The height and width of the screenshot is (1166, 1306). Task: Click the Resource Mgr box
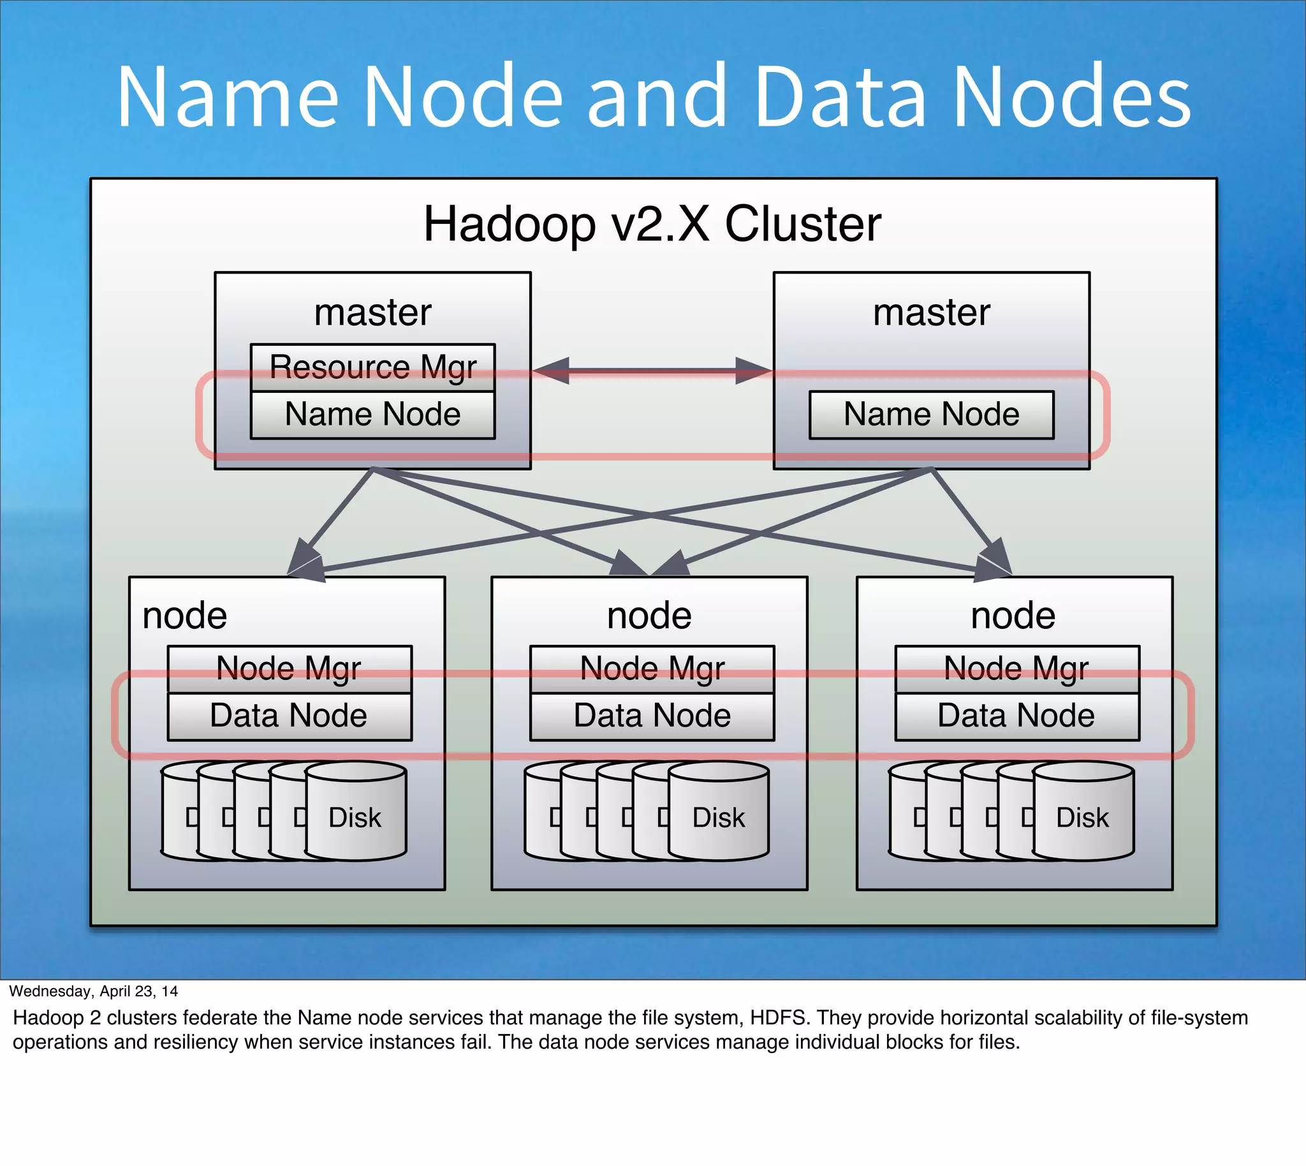point(372,367)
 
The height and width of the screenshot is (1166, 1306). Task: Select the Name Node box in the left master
point(372,415)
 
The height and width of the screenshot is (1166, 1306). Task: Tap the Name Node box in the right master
point(930,415)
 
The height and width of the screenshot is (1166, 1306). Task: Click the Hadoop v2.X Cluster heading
point(652,225)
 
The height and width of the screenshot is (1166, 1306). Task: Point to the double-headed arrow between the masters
point(652,370)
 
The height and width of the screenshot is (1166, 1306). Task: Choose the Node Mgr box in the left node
point(289,668)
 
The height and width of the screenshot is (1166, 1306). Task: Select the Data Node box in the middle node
point(652,716)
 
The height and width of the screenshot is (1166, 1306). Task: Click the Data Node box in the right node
point(1016,716)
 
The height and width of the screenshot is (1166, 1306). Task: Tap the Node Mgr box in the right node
point(1016,668)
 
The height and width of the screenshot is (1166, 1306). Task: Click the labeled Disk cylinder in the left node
point(355,817)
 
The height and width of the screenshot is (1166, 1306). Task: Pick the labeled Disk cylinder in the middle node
point(719,817)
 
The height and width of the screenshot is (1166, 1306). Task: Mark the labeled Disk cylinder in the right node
point(1082,817)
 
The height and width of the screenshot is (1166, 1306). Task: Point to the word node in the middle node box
point(649,616)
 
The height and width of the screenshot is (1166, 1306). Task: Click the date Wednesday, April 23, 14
point(94,991)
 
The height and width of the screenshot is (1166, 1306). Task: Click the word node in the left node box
point(184,616)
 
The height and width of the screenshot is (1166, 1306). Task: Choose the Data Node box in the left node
point(289,716)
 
